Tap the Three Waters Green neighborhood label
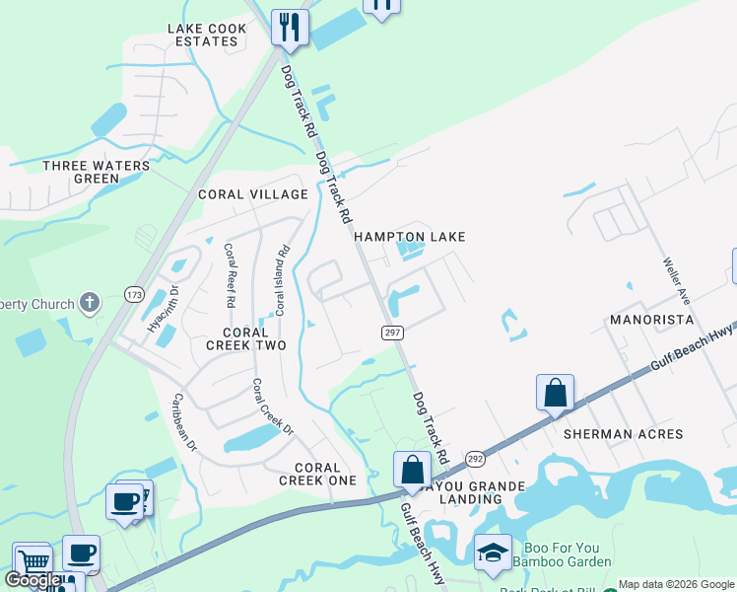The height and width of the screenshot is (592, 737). click(97, 172)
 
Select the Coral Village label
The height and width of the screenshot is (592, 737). click(253, 194)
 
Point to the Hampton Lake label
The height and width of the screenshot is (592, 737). click(409, 237)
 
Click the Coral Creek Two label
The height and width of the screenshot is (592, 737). click(245, 338)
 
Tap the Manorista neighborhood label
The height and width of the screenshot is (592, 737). click(651, 320)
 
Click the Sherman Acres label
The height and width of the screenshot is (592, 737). click(623, 434)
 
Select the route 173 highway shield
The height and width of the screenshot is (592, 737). click(135, 294)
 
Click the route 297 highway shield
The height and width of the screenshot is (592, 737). click(393, 333)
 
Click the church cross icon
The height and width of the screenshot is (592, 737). click(90, 303)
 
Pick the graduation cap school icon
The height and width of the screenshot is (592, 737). click(493, 554)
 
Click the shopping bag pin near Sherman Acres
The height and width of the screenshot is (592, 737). click(556, 392)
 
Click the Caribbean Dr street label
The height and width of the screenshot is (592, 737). click(185, 422)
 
